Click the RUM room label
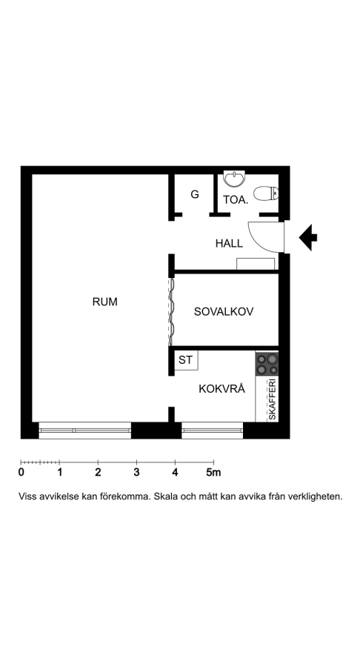tap(104, 302)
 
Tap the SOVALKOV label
tap(224, 311)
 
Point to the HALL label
tap(229, 243)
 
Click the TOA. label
tap(236, 200)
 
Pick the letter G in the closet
tap(195, 194)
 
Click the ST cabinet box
tap(186, 360)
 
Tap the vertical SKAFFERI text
tap(272, 399)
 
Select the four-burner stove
tap(267, 364)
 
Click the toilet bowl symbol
tap(266, 194)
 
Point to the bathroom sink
tap(235, 179)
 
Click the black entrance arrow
tap(308, 237)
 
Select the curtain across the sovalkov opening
tap(171, 312)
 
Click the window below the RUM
tap(85, 431)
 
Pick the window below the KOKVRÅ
tap(212, 431)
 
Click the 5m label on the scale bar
tap(214, 472)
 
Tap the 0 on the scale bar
tap(21, 472)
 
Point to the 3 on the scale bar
tap(136, 472)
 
